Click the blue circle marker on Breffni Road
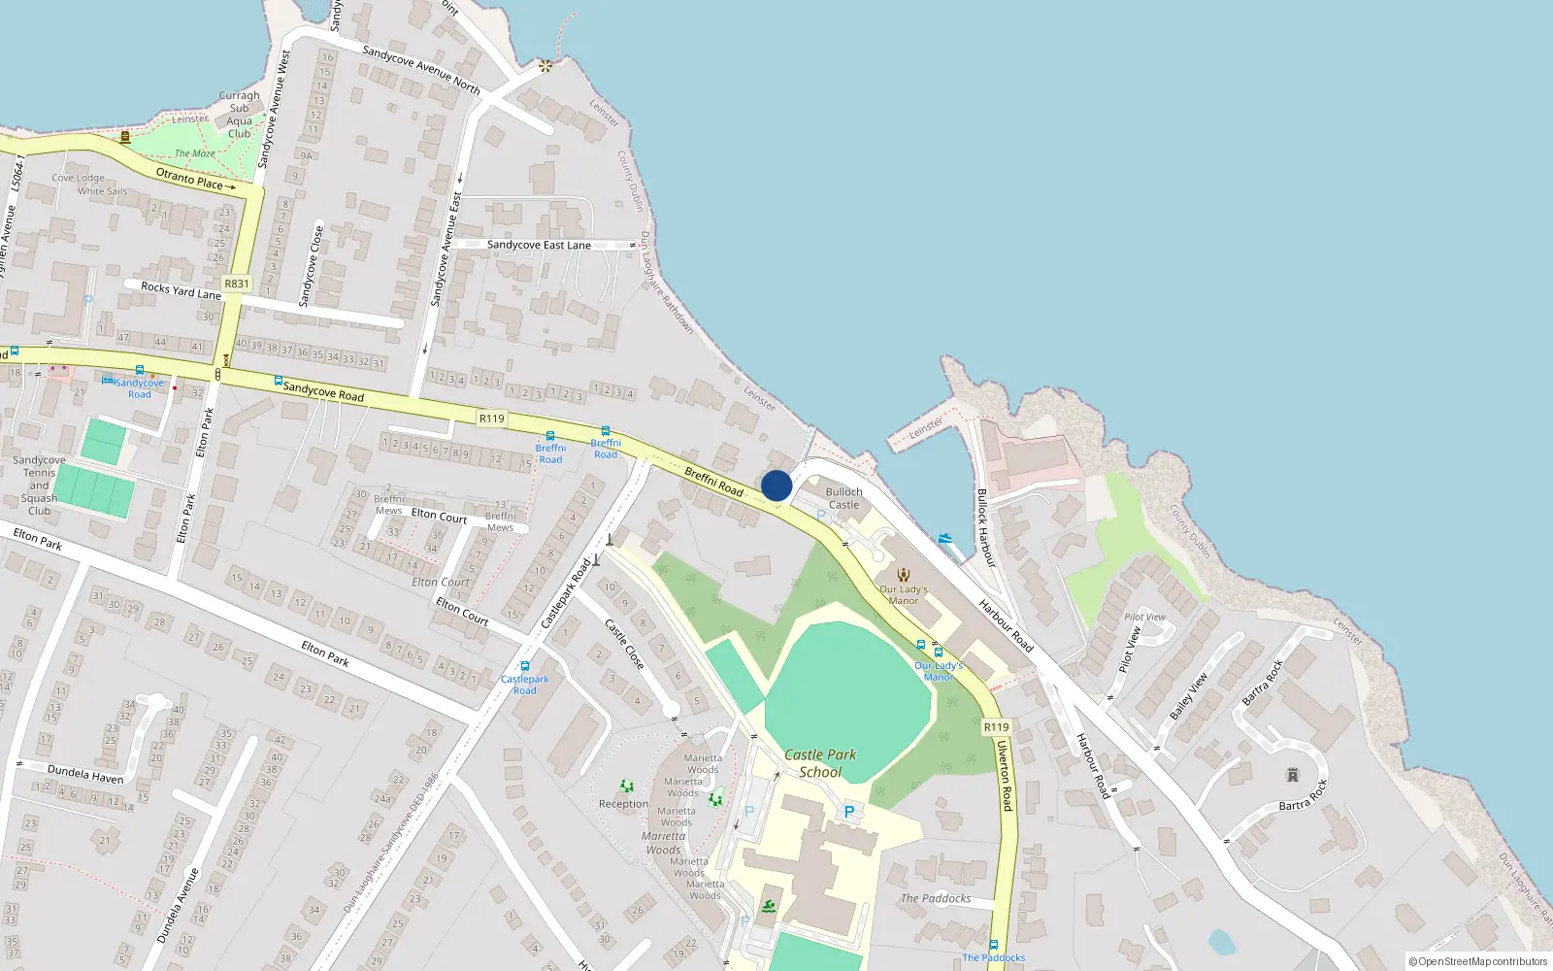(776, 485)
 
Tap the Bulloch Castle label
(843, 498)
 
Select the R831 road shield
(236, 284)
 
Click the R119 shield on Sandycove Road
(492, 419)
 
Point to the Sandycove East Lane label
(539, 246)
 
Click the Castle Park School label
(820, 763)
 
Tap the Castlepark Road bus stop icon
(525, 667)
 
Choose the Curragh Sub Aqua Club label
(239, 115)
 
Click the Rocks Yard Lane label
(181, 290)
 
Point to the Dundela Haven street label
(85, 774)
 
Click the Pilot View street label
(1129, 647)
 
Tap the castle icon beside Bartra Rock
(1292, 775)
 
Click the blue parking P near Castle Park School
(849, 812)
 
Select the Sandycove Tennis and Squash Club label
(39, 485)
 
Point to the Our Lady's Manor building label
(904, 594)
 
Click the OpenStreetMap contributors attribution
(1477, 961)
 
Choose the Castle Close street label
(624, 644)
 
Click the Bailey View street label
(1188, 696)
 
